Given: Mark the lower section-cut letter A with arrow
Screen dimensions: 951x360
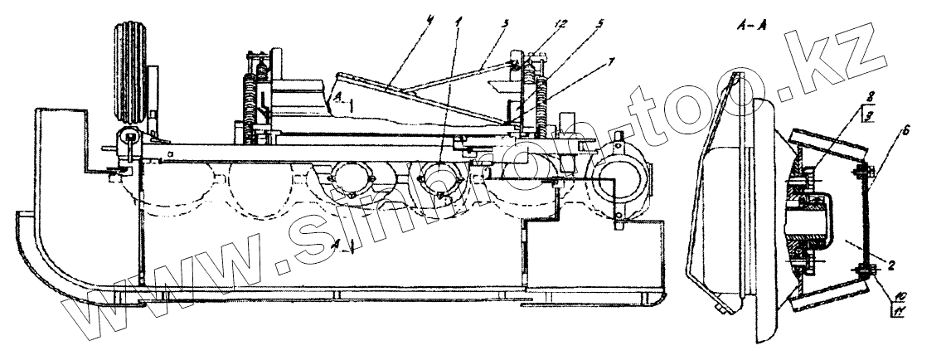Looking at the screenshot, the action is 336,244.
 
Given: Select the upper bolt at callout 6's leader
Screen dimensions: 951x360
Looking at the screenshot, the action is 864,173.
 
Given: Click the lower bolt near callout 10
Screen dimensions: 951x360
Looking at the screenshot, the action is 865,270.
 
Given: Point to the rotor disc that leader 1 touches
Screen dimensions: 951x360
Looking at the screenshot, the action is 439,178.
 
